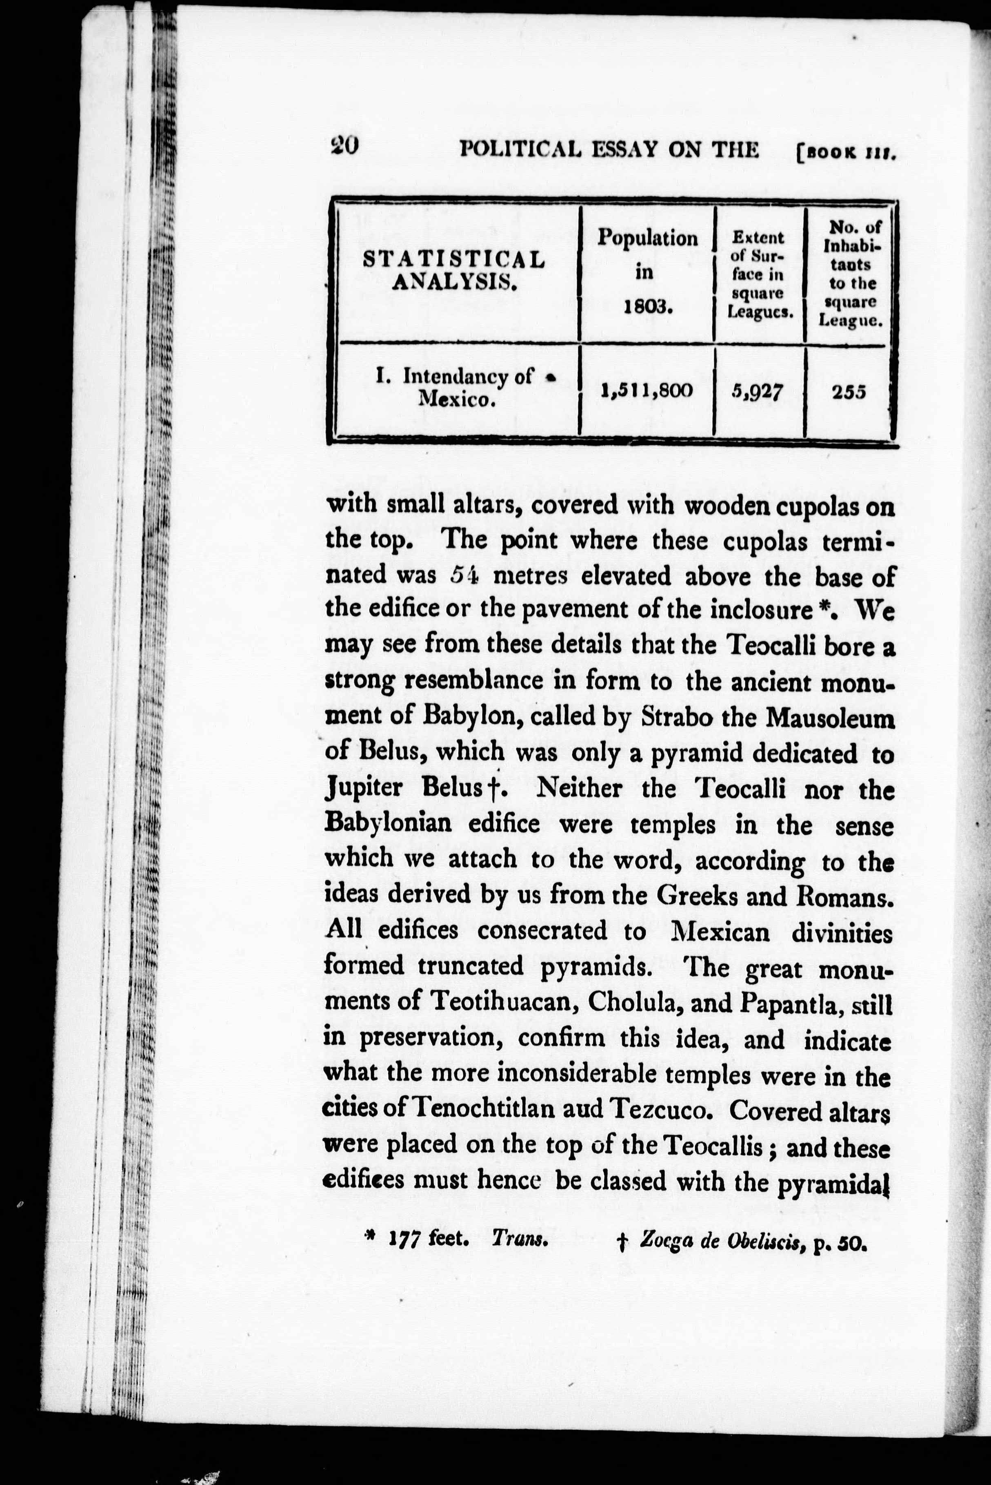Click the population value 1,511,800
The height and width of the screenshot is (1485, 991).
tap(647, 390)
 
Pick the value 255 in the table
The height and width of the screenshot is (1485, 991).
tap(848, 392)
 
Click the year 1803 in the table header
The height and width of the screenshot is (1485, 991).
tap(647, 308)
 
